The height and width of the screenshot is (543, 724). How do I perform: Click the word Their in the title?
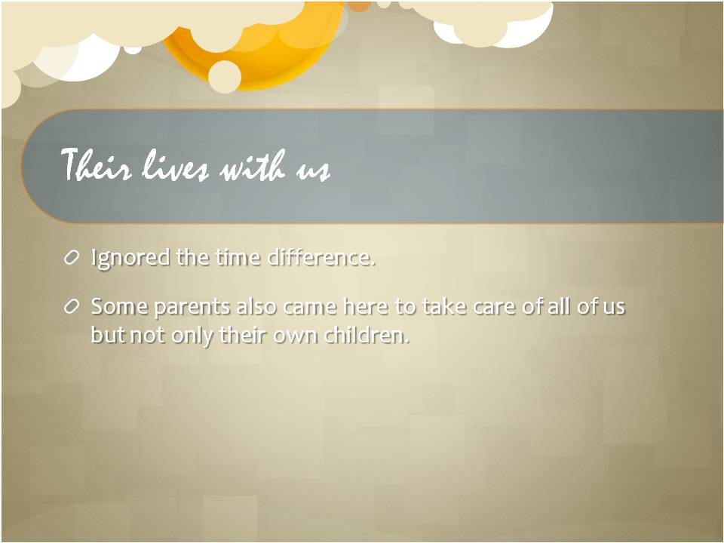[x=96, y=165]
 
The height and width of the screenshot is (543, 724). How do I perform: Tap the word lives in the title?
[x=174, y=165]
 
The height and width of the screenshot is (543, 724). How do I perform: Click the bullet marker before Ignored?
[x=72, y=258]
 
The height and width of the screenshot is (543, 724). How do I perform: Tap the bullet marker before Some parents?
[x=72, y=307]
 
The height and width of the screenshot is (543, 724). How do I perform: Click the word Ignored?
[x=130, y=258]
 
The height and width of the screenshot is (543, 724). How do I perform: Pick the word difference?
[x=321, y=257]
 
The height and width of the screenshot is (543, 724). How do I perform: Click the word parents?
[x=192, y=308]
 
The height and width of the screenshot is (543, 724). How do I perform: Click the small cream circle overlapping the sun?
[x=225, y=77]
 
